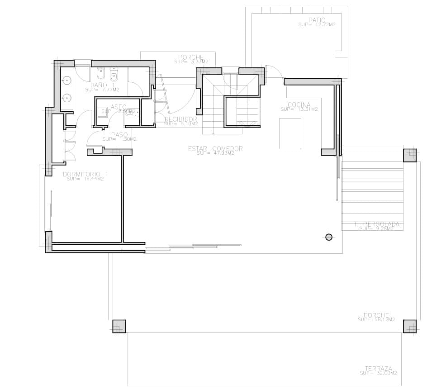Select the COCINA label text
pos(299,105)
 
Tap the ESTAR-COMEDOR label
pos(216,148)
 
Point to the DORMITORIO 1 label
pos(85,174)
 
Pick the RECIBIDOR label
pos(181,119)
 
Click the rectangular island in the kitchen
pos(290,133)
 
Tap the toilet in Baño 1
pos(114,75)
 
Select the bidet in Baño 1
pos(100,74)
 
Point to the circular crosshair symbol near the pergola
pos(329,237)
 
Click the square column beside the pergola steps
pos(409,155)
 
